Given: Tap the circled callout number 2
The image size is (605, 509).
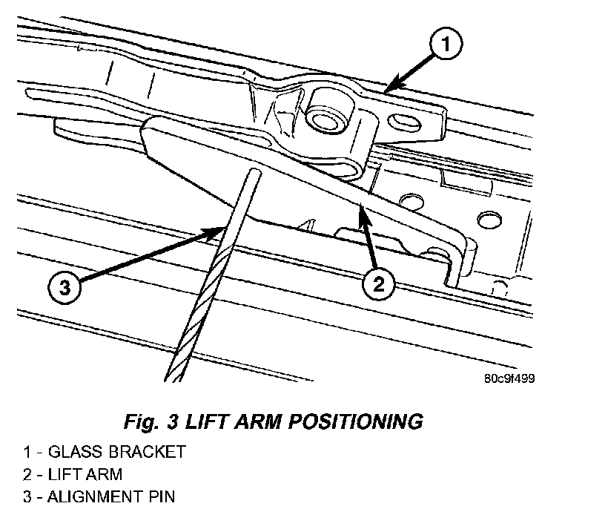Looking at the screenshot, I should (379, 283).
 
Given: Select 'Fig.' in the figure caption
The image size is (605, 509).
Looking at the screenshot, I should (140, 421).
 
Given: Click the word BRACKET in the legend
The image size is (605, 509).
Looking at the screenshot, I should (148, 452).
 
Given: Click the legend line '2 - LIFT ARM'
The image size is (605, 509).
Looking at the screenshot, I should (72, 473).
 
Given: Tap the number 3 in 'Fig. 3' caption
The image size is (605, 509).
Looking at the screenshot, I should (173, 421).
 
